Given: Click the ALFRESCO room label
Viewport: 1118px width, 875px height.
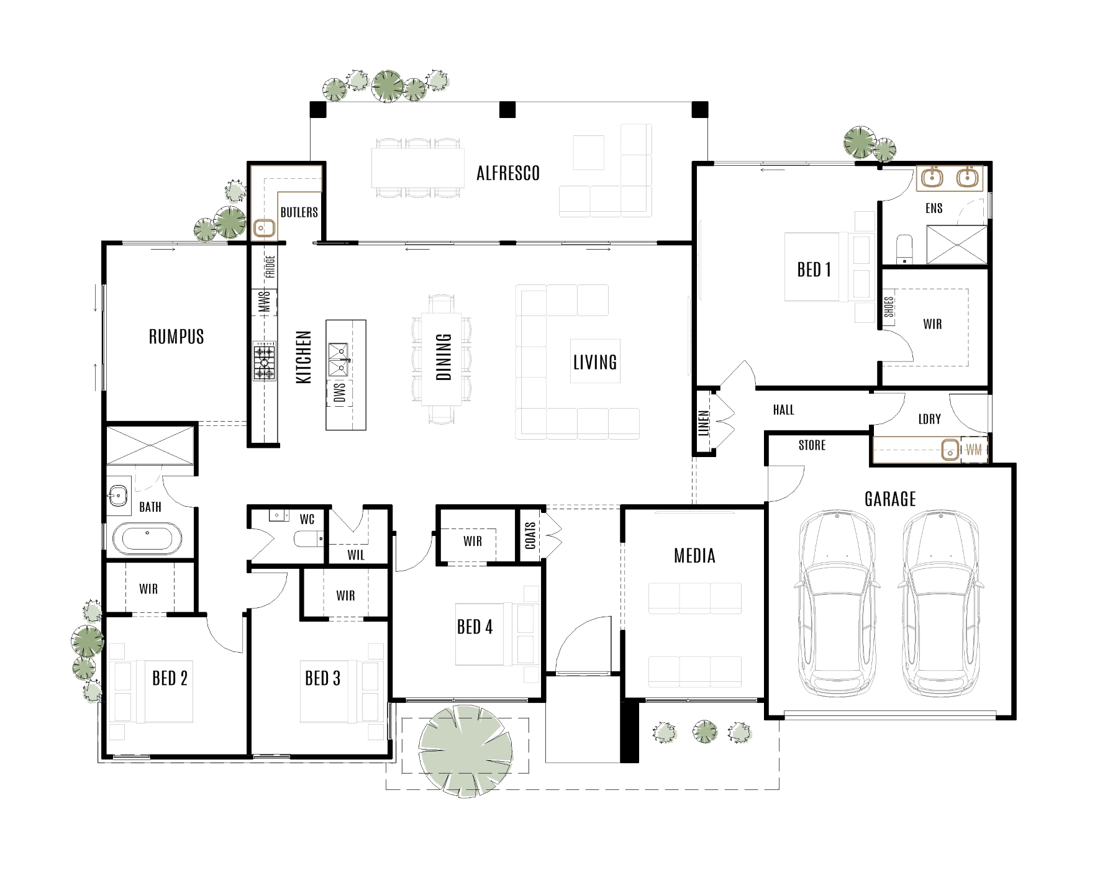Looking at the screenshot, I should pyautogui.click(x=507, y=173).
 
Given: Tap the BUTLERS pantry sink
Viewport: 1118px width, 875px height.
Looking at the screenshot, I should pyautogui.click(x=265, y=229).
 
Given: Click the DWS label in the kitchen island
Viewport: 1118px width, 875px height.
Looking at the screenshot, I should pyautogui.click(x=340, y=392).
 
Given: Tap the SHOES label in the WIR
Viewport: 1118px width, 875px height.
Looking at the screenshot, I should pyautogui.click(x=889, y=307).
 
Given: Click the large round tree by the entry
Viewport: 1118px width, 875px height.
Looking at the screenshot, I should pyautogui.click(x=466, y=752).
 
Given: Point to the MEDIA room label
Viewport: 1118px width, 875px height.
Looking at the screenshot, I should pyautogui.click(x=694, y=556).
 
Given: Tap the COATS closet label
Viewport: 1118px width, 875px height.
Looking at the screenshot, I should pyautogui.click(x=530, y=535).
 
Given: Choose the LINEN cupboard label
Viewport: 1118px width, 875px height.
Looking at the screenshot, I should pyautogui.click(x=704, y=422).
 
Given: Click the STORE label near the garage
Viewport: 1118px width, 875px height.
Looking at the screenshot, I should pyautogui.click(x=812, y=445).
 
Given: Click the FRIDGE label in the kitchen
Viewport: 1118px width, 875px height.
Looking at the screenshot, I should pyautogui.click(x=270, y=267).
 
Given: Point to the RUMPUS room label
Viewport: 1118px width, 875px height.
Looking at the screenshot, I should pyautogui.click(x=176, y=337).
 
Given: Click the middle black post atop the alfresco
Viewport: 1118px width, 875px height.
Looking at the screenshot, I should pyautogui.click(x=507, y=110).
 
